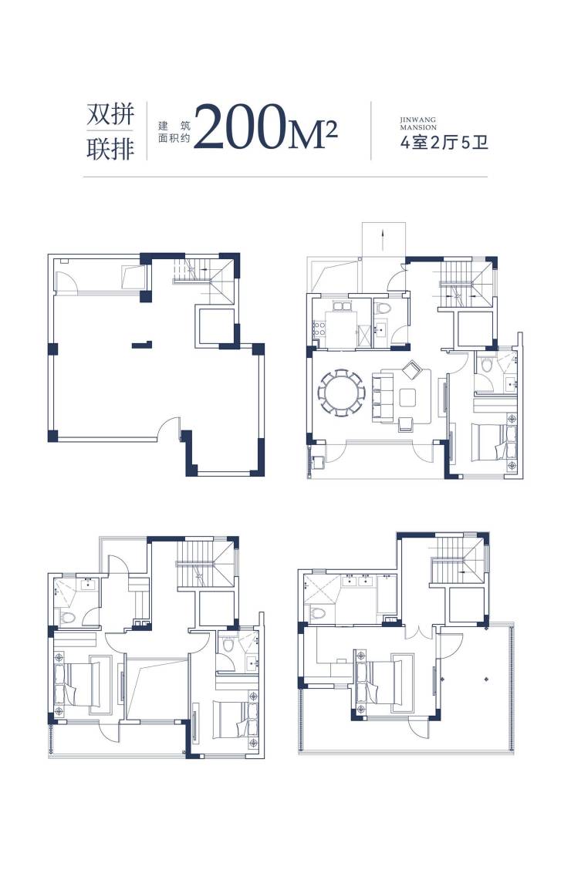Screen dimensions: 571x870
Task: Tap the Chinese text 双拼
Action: click(110, 114)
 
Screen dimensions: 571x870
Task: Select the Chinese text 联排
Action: click(110, 148)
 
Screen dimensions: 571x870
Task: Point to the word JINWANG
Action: click(418, 120)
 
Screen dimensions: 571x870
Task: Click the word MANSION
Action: click(418, 127)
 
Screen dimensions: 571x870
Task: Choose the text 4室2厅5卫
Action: click(444, 143)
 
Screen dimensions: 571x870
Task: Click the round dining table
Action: click(341, 393)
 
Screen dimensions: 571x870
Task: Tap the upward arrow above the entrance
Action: click(383, 240)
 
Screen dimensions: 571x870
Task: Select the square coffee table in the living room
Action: click(408, 397)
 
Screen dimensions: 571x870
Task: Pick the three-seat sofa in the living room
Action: click(382, 397)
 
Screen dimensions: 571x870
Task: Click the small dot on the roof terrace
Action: click(486, 677)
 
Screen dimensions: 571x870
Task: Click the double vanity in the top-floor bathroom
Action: click(357, 580)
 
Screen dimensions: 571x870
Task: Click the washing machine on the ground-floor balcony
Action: click(319, 463)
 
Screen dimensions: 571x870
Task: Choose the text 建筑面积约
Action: click(174, 132)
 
